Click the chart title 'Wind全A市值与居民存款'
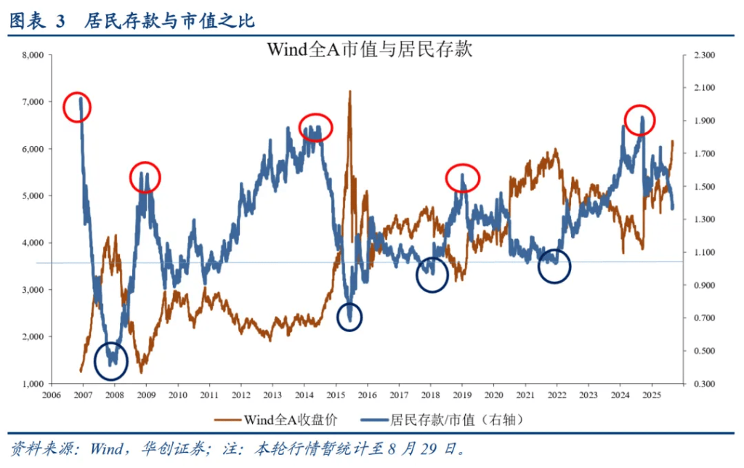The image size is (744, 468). [x=371, y=49]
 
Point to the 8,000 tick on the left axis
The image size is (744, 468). [x=33, y=55]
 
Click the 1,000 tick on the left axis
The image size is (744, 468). [x=33, y=384]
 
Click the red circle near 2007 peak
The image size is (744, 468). [x=76, y=108]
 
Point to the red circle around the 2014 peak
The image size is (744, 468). [x=315, y=128]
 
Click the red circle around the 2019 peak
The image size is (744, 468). [x=463, y=177]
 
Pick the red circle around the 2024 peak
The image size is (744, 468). [x=640, y=120]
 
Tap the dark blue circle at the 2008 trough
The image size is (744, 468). [x=111, y=360]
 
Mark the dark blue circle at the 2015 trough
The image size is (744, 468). [x=350, y=317]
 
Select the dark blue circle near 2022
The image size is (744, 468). [x=554, y=267]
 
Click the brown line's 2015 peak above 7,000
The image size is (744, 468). [x=350, y=92]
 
